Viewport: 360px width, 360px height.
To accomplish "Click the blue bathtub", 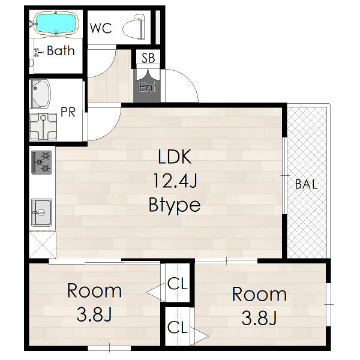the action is click(x=56, y=23).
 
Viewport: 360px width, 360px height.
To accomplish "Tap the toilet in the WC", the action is click(x=134, y=27).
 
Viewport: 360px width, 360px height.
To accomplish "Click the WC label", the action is click(x=101, y=28).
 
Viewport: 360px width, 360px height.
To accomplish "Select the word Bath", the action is click(x=61, y=50).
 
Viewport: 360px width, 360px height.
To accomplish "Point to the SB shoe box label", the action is click(x=148, y=58).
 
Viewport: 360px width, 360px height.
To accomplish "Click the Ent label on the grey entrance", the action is click(x=148, y=87).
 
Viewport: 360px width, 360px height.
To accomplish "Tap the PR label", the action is click(x=68, y=112).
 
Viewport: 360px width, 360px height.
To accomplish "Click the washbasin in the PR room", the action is click(x=40, y=94).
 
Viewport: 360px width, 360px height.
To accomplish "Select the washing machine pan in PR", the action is click(x=43, y=127).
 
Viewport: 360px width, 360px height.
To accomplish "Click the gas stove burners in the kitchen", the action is click(x=41, y=163).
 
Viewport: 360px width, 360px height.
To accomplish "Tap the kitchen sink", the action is click(x=41, y=212).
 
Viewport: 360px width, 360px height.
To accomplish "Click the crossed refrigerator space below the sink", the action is click(x=43, y=245).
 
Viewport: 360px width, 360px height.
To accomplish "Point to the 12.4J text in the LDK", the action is click(x=175, y=181).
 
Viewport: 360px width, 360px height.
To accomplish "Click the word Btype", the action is click(x=175, y=205).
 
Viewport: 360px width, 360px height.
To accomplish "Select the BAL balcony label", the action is click(x=306, y=184).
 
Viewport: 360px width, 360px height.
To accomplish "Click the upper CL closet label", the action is click(x=178, y=284).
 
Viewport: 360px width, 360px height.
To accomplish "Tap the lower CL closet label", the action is click(x=178, y=327).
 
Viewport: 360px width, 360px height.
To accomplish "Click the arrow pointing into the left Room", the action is click(x=155, y=293).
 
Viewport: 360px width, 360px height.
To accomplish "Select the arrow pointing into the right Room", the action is click(x=199, y=337).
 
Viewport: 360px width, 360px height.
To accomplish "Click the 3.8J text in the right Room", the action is click(x=259, y=318).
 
